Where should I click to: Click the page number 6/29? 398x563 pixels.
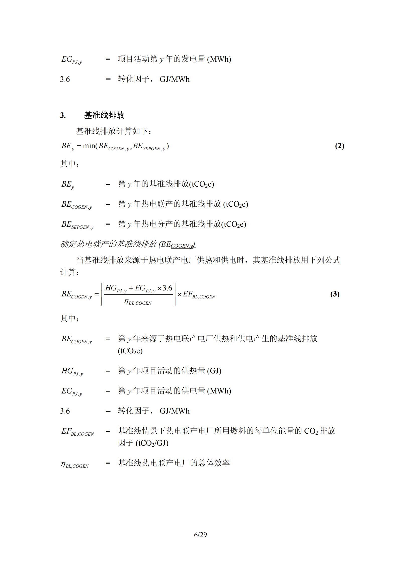tap(200, 535)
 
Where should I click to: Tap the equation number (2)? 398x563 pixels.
tap(340, 146)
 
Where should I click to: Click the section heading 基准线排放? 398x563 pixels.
tap(104, 115)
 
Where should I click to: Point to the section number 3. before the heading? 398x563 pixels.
tap(63, 115)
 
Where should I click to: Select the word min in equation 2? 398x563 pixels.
tap(89, 146)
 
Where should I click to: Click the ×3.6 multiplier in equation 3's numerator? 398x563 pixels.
tap(165, 288)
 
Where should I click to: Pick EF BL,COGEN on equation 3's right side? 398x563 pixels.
tap(199, 294)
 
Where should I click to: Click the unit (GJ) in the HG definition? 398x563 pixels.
tap(214, 371)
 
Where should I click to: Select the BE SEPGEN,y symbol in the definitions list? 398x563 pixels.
tap(77, 225)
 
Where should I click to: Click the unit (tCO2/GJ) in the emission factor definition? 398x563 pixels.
tap(152, 443)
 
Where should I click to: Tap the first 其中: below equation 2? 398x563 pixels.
tap(70, 164)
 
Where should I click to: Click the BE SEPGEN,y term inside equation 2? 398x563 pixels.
tap(149, 146)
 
